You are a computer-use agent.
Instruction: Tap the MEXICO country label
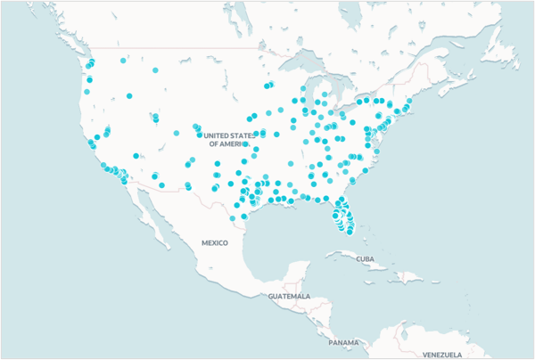215,242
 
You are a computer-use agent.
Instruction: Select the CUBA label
363,259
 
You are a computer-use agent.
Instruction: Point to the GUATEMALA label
289,296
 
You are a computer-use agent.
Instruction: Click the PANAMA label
342,342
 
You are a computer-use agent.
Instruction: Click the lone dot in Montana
155,70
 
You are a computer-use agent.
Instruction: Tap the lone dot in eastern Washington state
123,61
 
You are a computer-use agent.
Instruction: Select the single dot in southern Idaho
129,95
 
